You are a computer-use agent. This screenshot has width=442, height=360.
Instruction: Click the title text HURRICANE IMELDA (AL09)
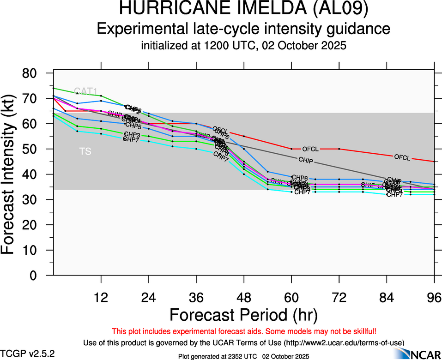(244, 10)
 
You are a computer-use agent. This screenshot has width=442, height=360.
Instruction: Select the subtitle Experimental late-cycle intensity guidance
(244, 29)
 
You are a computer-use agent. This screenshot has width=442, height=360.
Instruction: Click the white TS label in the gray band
(85, 151)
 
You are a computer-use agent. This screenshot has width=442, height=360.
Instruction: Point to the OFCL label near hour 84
(402, 157)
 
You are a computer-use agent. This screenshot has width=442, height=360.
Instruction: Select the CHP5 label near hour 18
(133, 126)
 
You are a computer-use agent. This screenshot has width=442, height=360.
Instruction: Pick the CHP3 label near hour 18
(132, 134)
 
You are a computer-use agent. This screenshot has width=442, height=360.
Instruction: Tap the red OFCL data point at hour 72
(339, 149)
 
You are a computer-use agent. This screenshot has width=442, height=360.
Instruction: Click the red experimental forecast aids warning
(244, 331)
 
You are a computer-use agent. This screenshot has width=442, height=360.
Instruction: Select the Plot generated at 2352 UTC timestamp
(244, 356)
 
